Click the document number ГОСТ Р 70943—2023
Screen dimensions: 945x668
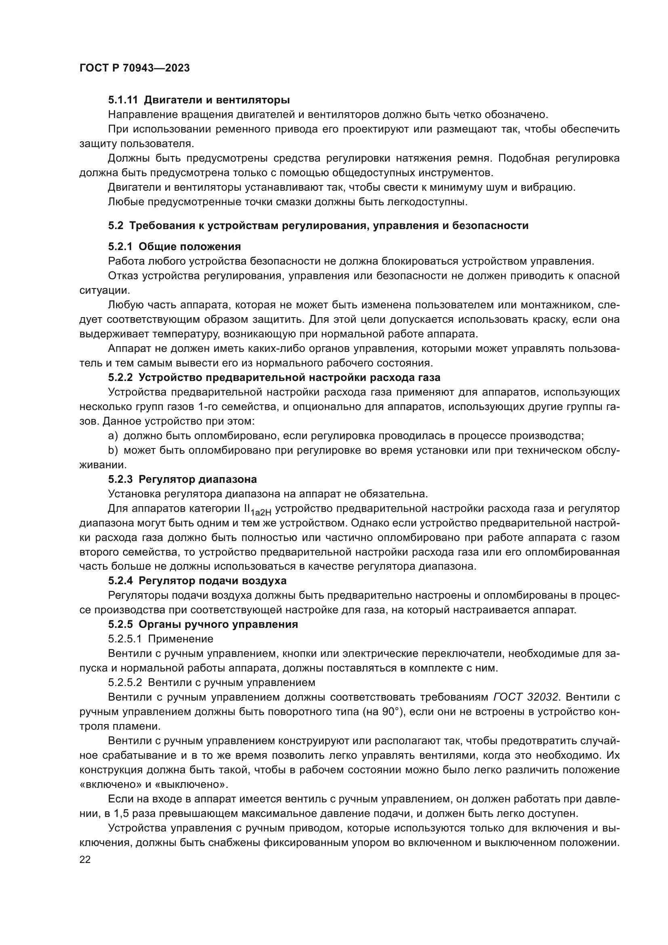(134, 68)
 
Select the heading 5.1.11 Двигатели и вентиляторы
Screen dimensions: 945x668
(199, 100)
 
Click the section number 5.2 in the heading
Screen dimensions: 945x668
(116, 225)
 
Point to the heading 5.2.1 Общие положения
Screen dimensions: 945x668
(174, 246)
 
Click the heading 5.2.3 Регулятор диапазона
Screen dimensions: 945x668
(182, 479)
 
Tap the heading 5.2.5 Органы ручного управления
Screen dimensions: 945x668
(203, 624)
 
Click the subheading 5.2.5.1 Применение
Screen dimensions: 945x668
(160, 639)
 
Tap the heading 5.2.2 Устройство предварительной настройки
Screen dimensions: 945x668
(274, 377)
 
